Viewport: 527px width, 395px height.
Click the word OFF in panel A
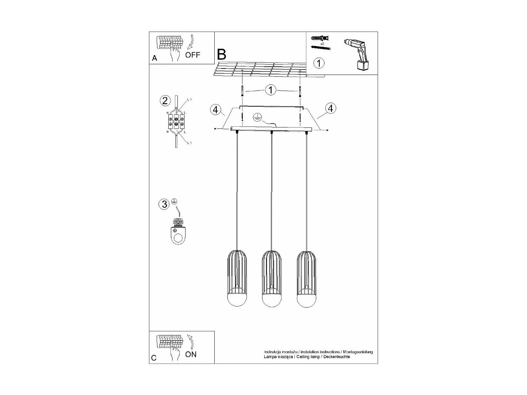[193, 55]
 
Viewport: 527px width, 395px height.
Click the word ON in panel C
[191, 354]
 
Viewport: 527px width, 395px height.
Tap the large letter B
[221, 54]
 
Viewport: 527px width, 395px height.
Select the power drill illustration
[357, 54]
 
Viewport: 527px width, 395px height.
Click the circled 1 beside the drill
[319, 63]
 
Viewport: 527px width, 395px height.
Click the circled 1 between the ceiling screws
[270, 90]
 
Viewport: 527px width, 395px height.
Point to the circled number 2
[165, 101]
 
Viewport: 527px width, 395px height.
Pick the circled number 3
[164, 204]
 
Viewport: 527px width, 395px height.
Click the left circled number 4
[215, 110]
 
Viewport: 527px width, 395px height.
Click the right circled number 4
[330, 108]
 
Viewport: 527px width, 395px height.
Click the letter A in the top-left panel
[155, 59]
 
